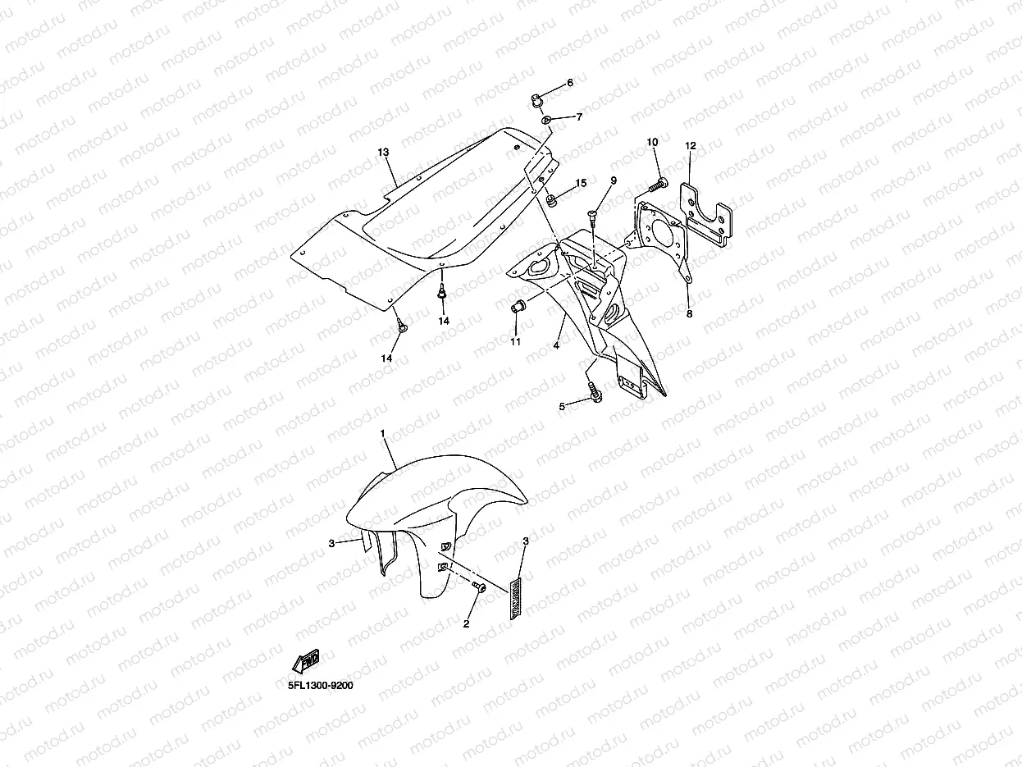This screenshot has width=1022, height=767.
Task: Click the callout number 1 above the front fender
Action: click(x=382, y=432)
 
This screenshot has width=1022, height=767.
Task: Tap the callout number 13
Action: click(x=383, y=153)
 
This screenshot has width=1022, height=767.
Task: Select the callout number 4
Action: click(x=556, y=346)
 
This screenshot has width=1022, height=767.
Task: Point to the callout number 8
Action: click(x=689, y=313)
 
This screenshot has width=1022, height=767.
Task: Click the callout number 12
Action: click(x=691, y=146)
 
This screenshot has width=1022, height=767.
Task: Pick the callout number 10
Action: click(x=653, y=142)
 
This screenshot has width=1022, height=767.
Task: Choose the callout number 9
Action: click(x=613, y=180)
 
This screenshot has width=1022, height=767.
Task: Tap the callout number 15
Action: click(x=581, y=183)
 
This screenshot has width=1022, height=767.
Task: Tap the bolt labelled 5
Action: click(x=595, y=394)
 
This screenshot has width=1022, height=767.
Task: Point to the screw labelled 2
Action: click(x=479, y=587)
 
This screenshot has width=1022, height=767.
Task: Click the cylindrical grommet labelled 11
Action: click(x=518, y=308)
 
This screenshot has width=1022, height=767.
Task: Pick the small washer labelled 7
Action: click(x=546, y=121)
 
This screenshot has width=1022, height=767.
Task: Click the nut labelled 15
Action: click(x=553, y=199)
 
